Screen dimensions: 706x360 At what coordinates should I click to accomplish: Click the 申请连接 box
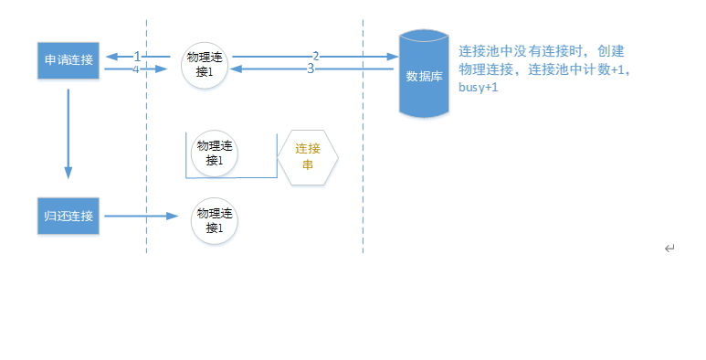(x=68, y=60)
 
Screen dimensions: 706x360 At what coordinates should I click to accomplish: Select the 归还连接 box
(x=68, y=216)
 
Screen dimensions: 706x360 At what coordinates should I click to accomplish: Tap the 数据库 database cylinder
(x=424, y=73)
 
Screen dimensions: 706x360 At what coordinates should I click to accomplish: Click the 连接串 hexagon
(x=308, y=157)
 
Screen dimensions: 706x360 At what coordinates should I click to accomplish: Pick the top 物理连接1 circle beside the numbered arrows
(x=205, y=65)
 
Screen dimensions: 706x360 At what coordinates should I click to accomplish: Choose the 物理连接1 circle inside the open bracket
(x=215, y=154)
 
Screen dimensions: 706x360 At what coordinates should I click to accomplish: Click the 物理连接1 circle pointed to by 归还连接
(x=215, y=221)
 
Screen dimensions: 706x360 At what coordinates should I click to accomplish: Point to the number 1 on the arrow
(x=137, y=57)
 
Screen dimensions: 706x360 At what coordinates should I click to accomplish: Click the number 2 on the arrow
(x=316, y=57)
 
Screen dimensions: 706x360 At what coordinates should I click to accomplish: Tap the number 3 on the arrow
(x=311, y=69)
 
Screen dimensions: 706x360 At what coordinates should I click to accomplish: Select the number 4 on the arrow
(x=135, y=69)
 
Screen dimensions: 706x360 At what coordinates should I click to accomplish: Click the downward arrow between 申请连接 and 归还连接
(x=68, y=133)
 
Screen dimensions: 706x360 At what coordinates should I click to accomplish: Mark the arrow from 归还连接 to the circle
(x=142, y=217)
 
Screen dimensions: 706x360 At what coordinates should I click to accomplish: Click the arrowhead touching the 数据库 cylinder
(x=393, y=57)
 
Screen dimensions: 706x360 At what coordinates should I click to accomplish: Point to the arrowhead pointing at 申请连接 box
(x=111, y=57)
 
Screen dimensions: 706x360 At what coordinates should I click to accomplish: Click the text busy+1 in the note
(x=479, y=87)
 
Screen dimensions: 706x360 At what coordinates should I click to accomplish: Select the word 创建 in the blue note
(x=611, y=51)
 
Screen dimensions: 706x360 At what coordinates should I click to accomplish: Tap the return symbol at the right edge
(x=669, y=249)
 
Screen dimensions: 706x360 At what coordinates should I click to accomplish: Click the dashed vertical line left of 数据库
(x=363, y=136)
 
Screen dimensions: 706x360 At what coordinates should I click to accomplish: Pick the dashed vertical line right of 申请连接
(x=146, y=136)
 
